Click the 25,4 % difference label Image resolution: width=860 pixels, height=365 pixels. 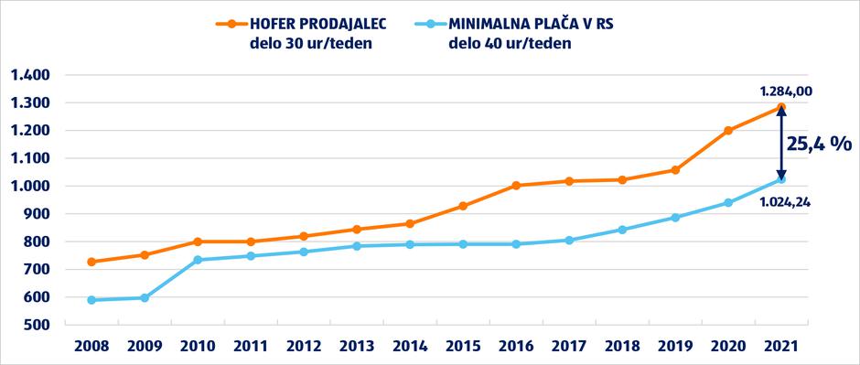point(820,144)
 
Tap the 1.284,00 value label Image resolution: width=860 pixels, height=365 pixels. point(786,91)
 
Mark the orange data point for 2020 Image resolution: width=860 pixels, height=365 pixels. point(728,131)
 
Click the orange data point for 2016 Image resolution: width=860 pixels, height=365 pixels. point(516,185)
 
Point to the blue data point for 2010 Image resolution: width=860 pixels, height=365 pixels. point(198,260)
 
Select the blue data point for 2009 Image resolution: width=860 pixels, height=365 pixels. point(145,297)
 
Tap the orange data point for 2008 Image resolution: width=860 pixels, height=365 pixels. point(91,262)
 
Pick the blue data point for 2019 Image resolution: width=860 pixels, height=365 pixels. point(675,217)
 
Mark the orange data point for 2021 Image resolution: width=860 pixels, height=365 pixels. point(781,107)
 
